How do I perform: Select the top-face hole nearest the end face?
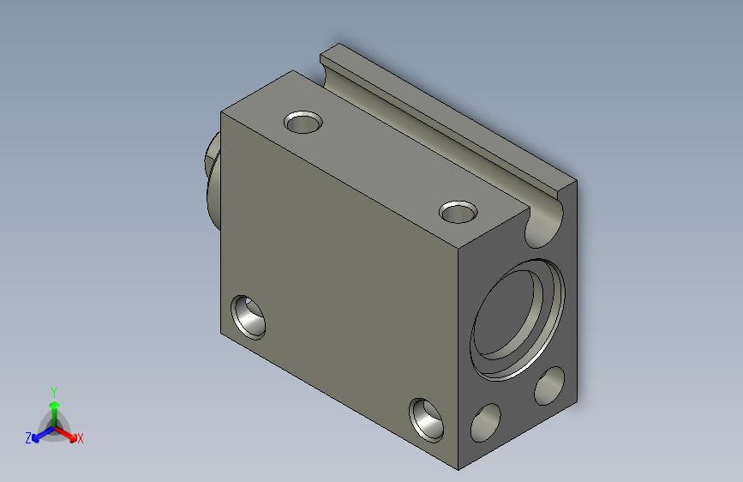(458, 210)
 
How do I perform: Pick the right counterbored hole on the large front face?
(426, 419)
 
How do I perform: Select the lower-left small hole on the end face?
(486, 423)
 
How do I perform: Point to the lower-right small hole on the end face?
(549, 386)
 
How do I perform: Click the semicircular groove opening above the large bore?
(545, 223)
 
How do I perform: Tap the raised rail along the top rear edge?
(446, 120)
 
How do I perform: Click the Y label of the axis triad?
(53, 390)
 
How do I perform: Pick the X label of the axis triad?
(81, 439)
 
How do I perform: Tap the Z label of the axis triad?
(28, 438)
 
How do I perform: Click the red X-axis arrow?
(69, 433)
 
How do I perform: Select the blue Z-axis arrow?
(39, 433)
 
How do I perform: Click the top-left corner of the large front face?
(222, 112)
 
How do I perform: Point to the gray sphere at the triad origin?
(54, 426)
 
